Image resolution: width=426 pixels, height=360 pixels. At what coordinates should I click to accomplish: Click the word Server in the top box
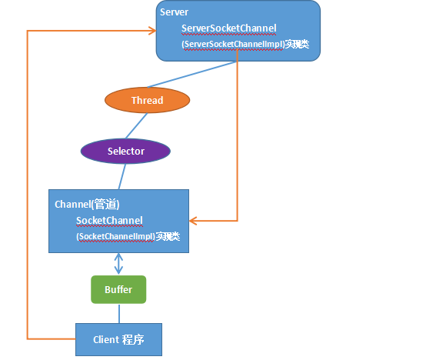[174, 12]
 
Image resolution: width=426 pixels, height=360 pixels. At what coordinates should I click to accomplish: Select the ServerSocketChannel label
[228, 28]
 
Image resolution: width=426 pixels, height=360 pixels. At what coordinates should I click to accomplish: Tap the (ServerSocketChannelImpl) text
[233, 44]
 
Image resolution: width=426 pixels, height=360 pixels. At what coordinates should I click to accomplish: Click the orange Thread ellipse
[147, 100]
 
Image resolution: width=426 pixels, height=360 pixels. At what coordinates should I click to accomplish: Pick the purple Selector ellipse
[125, 151]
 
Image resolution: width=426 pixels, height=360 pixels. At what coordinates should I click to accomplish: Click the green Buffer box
[118, 290]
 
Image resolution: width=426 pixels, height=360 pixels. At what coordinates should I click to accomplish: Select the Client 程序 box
[118, 340]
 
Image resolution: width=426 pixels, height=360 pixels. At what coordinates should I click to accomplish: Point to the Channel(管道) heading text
[87, 205]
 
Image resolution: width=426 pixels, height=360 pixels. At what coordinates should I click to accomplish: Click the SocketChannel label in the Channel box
[109, 221]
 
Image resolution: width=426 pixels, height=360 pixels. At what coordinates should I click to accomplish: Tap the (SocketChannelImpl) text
[115, 236]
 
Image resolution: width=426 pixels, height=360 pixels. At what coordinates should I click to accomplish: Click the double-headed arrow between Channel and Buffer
[118, 264]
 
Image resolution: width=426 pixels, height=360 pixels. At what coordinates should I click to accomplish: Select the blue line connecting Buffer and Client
[119, 314]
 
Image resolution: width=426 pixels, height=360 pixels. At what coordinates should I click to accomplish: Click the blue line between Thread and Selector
[136, 126]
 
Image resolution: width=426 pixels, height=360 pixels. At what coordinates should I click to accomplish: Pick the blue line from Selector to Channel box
[122, 177]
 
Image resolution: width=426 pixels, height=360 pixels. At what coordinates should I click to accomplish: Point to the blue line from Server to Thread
[191, 75]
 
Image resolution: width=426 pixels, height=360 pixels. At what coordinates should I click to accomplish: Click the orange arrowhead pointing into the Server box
[152, 31]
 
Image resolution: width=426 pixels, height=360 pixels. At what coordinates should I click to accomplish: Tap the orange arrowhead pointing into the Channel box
[193, 221]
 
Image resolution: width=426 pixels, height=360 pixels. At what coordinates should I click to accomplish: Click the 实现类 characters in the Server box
[297, 44]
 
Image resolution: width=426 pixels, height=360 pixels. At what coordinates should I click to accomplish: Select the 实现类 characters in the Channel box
[168, 236]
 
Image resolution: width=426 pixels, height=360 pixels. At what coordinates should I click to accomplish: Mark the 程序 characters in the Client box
[133, 340]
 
